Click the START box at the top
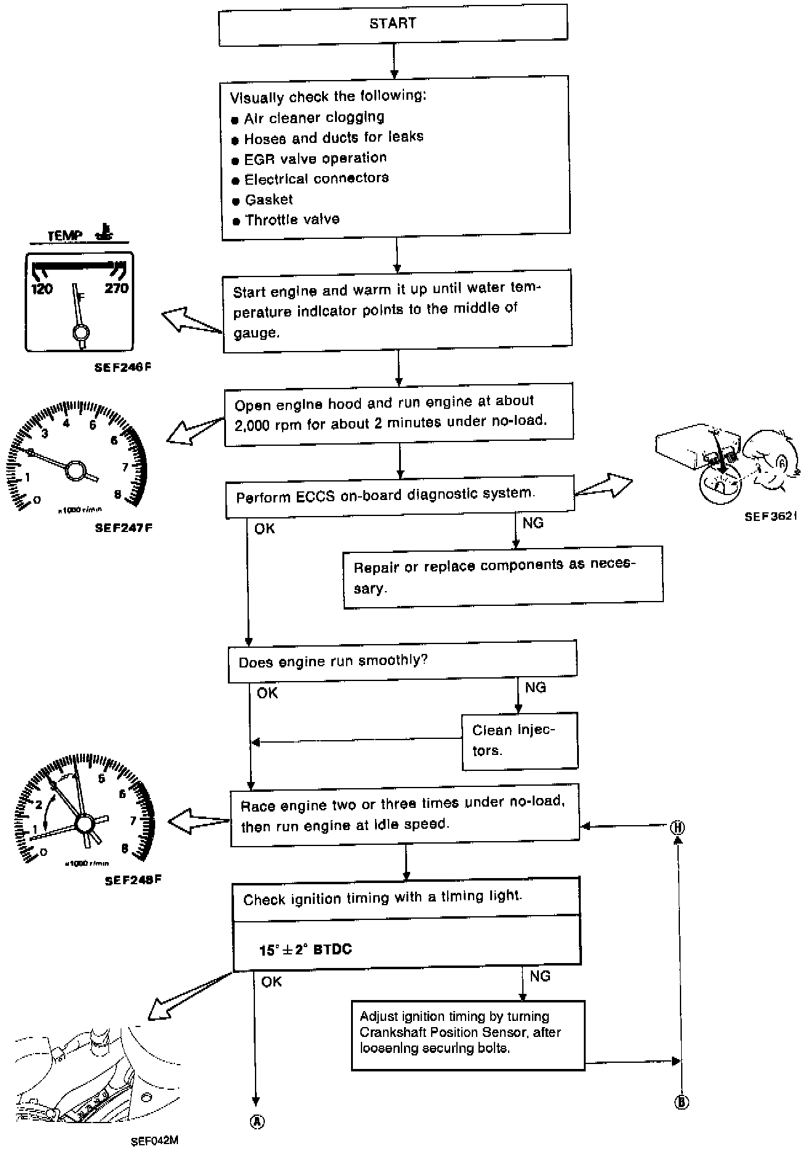point(393,25)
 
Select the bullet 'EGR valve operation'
point(315,158)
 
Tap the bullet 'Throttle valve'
point(291,220)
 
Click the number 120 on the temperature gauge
point(42,288)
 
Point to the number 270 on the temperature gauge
point(116,288)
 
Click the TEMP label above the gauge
point(65,236)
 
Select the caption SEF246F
point(123,368)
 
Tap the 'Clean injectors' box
point(519,740)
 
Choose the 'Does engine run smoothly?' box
point(402,661)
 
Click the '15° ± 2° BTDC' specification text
point(305,949)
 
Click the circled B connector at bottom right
point(681,1102)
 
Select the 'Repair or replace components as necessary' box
point(503,576)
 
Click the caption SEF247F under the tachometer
point(123,528)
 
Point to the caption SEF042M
point(155,1140)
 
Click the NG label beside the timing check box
point(540,976)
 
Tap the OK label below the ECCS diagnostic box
point(265,529)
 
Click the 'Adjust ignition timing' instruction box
point(467,1034)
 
